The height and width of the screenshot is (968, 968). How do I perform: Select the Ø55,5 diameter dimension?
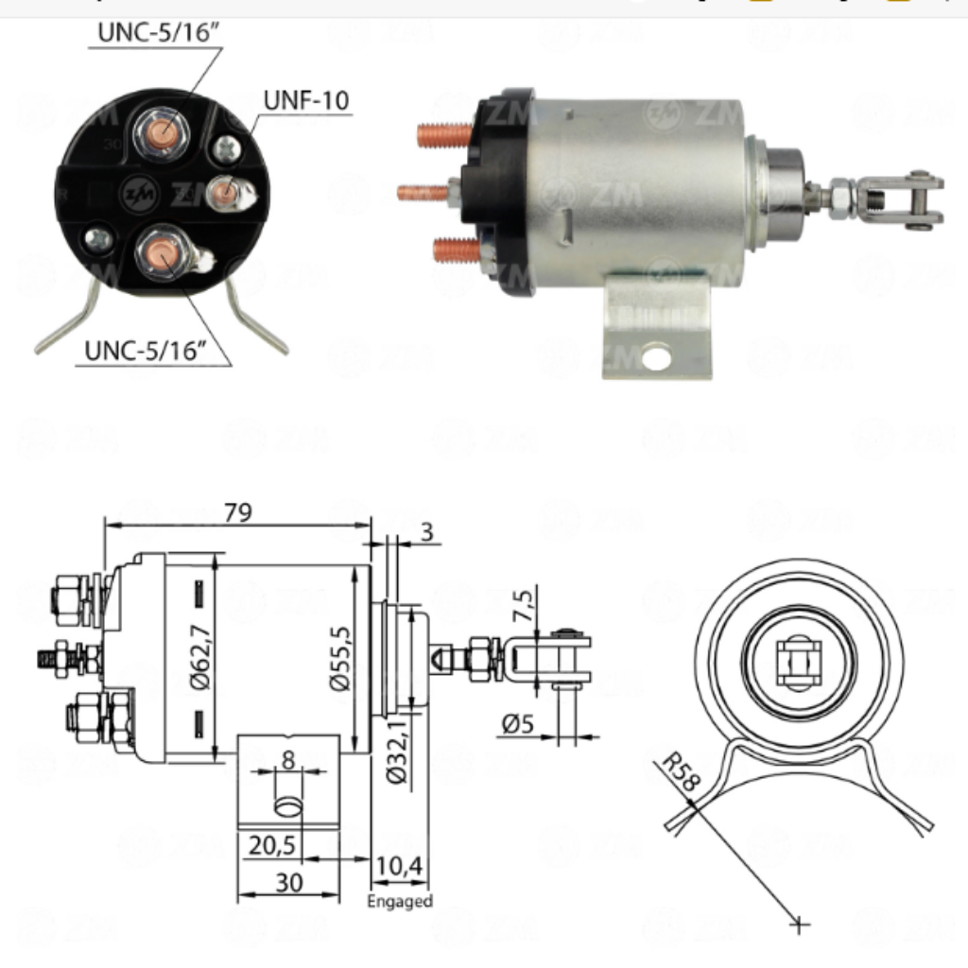[340, 658]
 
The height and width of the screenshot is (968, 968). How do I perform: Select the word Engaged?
[400, 901]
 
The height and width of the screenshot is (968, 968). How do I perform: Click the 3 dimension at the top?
[426, 531]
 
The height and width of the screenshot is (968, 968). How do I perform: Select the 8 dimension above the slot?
[287, 758]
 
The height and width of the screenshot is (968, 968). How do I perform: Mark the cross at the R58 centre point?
[801, 924]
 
